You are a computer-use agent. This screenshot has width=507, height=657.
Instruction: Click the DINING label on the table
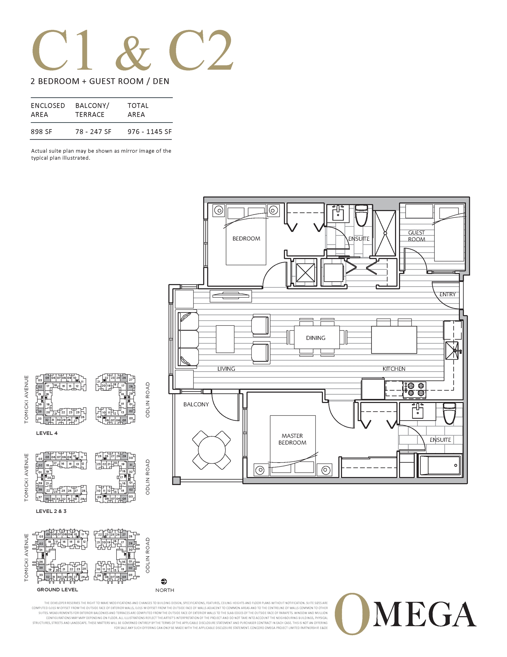click(x=315, y=338)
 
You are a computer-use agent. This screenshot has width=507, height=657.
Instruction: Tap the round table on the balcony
click(x=211, y=450)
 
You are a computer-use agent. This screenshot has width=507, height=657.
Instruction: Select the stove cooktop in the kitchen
click(x=414, y=390)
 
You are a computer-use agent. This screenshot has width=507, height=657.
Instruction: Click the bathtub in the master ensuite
click(x=440, y=465)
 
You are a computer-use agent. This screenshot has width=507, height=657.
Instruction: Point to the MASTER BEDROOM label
click(x=292, y=439)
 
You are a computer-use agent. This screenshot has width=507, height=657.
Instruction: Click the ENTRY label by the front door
click(x=447, y=294)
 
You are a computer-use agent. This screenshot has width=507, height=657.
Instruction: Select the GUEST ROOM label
click(x=416, y=236)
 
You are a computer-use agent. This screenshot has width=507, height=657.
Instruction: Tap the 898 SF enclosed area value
click(x=41, y=132)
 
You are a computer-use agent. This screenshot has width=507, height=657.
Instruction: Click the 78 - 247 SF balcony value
click(x=93, y=132)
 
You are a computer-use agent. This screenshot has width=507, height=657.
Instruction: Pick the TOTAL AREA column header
click(x=138, y=110)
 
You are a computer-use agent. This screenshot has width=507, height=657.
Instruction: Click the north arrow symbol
click(x=164, y=582)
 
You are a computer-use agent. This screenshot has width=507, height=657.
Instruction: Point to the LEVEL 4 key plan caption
click(x=47, y=433)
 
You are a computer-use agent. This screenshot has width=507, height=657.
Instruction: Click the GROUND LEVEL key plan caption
click(x=57, y=590)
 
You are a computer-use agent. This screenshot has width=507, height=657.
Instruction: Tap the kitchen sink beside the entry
click(x=452, y=351)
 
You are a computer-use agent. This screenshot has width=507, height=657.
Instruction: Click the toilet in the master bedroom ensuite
click(x=449, y=414)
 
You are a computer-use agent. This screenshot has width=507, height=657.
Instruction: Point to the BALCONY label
click(x=196, y=404)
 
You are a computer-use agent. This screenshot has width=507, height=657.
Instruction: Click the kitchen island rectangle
click(x=394, y=340)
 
